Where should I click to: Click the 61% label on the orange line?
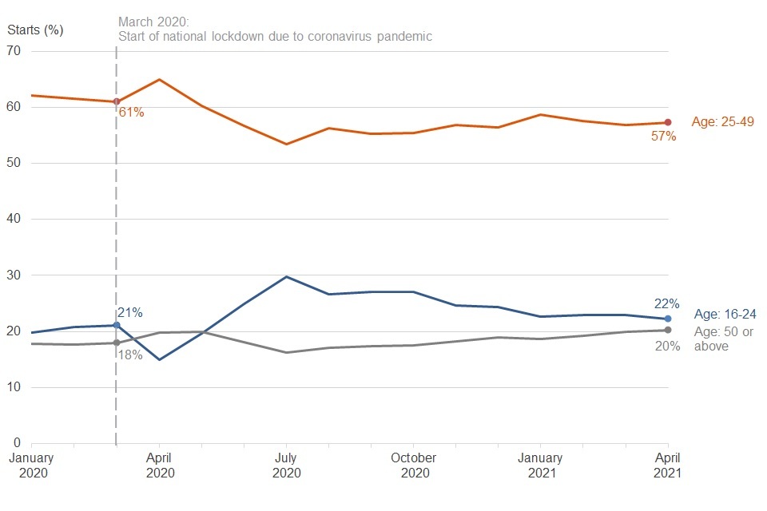[131, 113]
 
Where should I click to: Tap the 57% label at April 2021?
[663, 137]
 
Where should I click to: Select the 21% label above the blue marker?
[129, 313]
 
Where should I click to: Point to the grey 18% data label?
[129, 355]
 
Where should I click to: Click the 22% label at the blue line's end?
[666, 304]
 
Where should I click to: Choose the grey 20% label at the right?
[667, 347]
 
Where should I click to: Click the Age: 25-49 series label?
[722, 122]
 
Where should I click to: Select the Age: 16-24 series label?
[725, 315]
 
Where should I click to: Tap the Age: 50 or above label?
[723, 339]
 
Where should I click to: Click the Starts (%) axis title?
[35, 30]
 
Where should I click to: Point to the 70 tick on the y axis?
[14, 51]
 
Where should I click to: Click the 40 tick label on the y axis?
[14, 220]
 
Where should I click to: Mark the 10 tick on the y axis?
[14, 388]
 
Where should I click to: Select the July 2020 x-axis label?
[286, 465]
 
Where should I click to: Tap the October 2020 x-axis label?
[414, 465]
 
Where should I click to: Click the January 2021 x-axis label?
[541, 465]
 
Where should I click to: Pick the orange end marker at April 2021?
[668, 122]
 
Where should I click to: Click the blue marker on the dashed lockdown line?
[117, 325]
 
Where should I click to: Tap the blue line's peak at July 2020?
[286, 277]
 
